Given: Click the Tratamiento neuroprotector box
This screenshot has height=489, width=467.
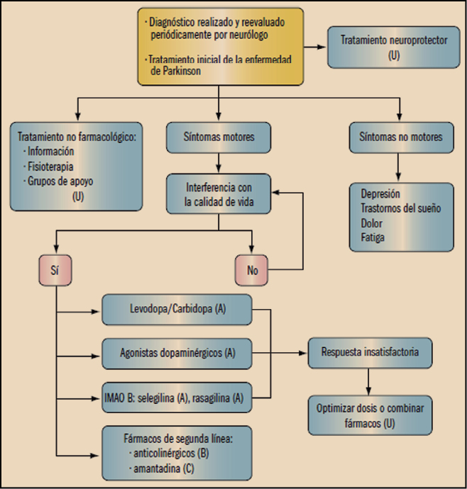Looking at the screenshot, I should point(395,47).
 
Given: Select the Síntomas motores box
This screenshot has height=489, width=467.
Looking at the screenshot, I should point(219,137).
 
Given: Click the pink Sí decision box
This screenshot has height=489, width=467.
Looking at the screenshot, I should point(55,269).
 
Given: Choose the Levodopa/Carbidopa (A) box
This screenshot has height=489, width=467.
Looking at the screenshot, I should point(176,310).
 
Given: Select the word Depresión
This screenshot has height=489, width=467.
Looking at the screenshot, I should point(380,193).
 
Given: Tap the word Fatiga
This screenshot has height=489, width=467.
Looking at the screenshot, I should point(373,237).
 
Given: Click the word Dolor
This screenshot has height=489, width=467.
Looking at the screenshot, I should point(372,223).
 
